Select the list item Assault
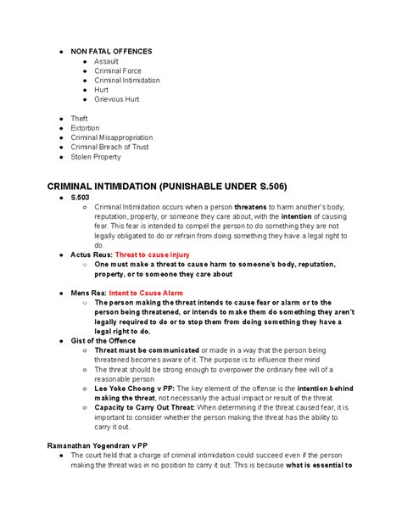click(108, 61)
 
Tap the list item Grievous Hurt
click(117, 99)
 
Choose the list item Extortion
click(86, 128)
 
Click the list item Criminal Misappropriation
click(112, 137)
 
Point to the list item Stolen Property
click(96, 157)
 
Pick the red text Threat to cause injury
click(152, 254)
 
